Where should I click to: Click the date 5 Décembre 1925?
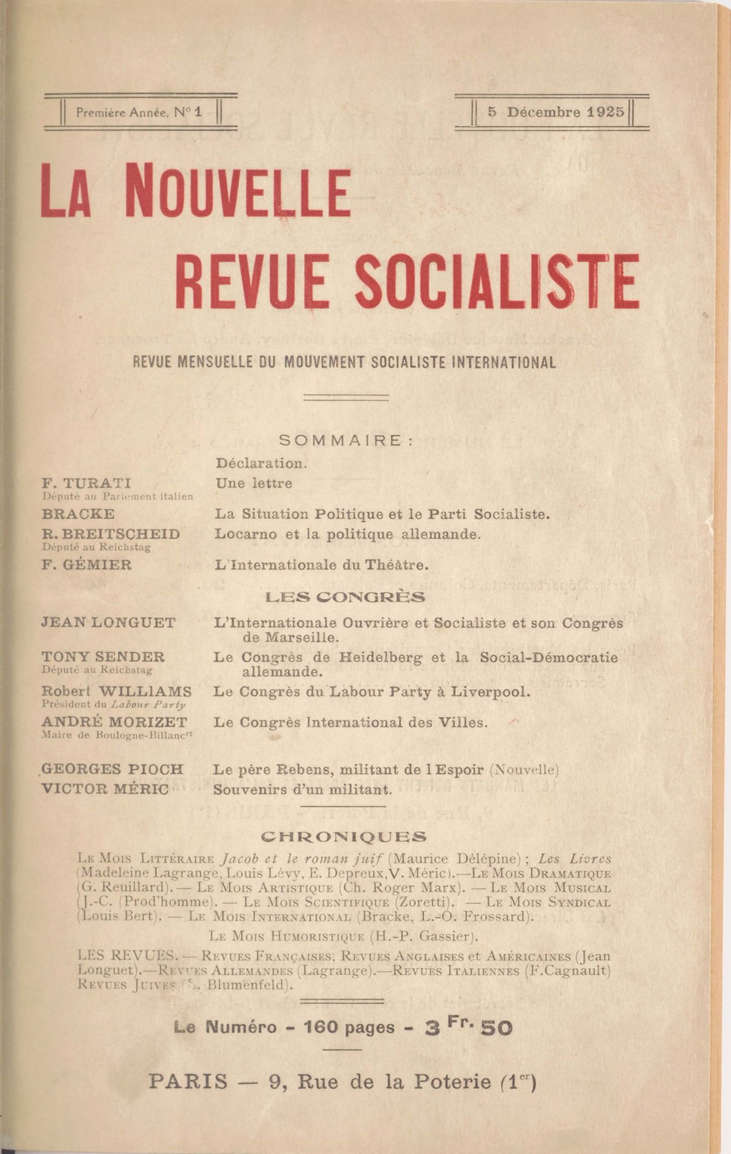[556, 112]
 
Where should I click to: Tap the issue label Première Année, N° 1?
[139, 113]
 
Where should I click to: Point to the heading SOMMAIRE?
[346, 440]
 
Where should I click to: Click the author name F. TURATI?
[87, 483]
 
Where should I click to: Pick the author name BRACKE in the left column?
[78, 514]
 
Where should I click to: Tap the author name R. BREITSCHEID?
[111, 534]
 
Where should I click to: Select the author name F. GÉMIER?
[87, 564]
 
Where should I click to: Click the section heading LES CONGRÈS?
[345, 597]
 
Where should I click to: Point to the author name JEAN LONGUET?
[108, 623]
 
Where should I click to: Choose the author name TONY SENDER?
[103, 657]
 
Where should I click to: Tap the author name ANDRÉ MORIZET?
[114, 722]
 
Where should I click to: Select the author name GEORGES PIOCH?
[113, 769]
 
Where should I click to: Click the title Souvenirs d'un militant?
[302, 789]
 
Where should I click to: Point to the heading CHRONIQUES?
[344, 836]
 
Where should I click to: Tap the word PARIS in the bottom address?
[188, 1081]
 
